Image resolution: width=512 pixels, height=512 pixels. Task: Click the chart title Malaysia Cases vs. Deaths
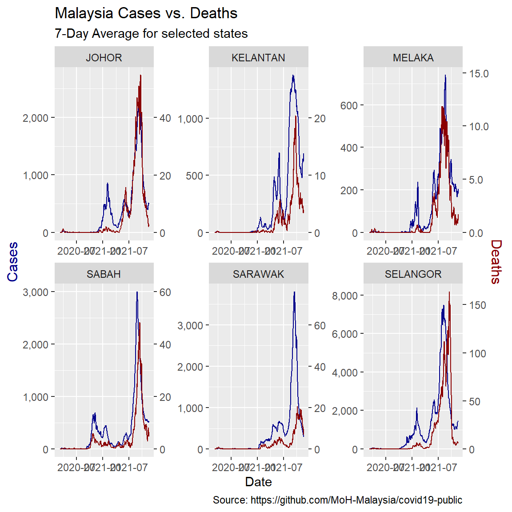coord(146,13)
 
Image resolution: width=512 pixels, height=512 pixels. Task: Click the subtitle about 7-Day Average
coord(151,34)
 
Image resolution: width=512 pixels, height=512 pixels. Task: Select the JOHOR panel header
coord(104,58)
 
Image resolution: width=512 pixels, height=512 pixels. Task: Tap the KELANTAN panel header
coord(258,58)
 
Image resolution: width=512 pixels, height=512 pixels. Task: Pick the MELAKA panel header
coord(413,58)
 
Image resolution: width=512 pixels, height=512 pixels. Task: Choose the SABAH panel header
coord(104,274)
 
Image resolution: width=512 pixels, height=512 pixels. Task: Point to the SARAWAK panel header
coord(258,274)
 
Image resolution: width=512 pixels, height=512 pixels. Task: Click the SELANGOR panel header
coord(413,274)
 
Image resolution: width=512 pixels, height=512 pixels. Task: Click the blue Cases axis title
coord(13,262)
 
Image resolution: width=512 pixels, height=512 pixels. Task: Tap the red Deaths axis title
coord(496,262)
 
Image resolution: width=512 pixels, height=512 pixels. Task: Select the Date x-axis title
coord(258,482)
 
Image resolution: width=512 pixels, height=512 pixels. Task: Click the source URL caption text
coord(337,500)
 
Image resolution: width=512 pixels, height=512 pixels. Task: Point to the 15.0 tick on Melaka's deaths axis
coord(479,74)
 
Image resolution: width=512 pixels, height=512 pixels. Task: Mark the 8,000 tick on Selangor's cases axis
coord(344,296)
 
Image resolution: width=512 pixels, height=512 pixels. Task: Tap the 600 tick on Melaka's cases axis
coord(349,106)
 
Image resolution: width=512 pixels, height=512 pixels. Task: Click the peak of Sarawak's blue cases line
coord(294,292)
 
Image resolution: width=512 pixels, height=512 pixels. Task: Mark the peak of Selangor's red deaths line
coord(449,292)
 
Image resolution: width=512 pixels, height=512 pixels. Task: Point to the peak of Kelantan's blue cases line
coord(293,76)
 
